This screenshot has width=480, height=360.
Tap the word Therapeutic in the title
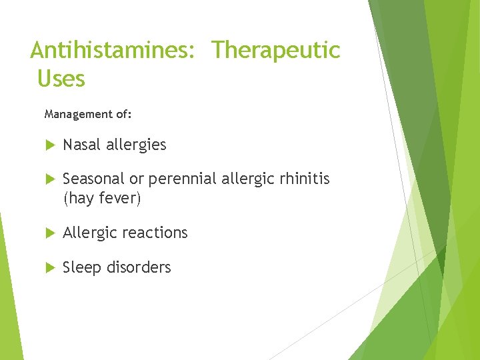(x=276, y=50)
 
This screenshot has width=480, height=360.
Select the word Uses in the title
(x=61, y=79)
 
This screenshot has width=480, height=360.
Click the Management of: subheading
(x=88, y=114)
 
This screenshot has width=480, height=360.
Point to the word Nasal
(x=82, y=145)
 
